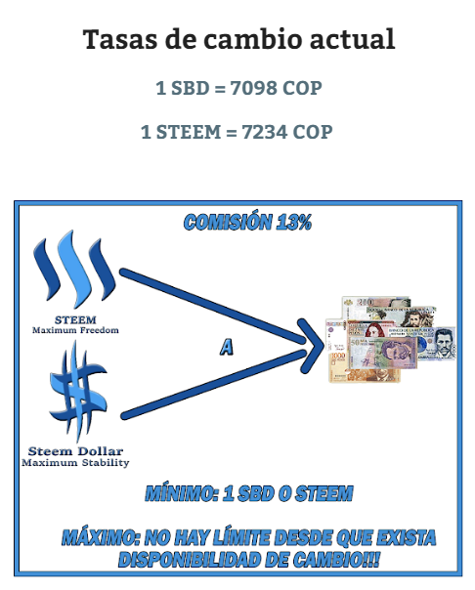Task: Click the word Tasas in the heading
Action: coord(119,39)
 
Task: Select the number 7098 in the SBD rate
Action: coord(253,88)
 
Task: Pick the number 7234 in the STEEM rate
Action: coord(265,132)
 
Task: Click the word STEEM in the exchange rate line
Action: coord(189,132)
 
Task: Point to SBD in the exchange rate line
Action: coord(190,88)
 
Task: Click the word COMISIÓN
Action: coord(228,221)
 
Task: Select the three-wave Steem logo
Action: coord(73,269)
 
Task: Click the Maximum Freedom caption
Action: coord(75,330)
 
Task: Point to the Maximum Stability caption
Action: coord(75,462)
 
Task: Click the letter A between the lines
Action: coord(227,347)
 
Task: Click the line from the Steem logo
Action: coord(213,306)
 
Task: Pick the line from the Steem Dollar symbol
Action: coord(214,385)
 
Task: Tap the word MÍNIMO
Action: coord(182,493)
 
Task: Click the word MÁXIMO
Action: coord(100,537)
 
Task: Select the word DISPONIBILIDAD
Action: coord(190,560)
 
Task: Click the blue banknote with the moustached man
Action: coord(437,343)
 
